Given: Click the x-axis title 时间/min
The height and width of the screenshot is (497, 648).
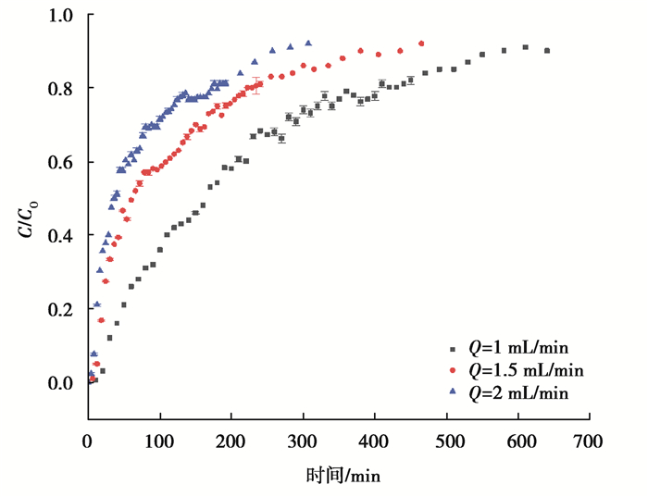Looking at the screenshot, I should pos(343,476).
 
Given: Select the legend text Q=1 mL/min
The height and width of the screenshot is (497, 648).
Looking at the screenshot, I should pos(518,349).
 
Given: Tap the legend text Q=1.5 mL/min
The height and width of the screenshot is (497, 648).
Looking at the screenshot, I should pos(526,371).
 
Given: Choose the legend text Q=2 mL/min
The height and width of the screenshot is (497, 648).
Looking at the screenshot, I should pos(518,393).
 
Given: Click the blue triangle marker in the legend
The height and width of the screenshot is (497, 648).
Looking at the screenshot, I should pos(453,392).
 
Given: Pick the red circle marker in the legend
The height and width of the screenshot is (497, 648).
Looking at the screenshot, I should pos(453,370).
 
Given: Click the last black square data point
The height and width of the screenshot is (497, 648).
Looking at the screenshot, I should pos(547,51).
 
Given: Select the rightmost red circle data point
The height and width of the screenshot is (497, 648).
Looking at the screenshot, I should pos(421,43).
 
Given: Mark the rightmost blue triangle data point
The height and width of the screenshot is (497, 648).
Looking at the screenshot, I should pos(308,43).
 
